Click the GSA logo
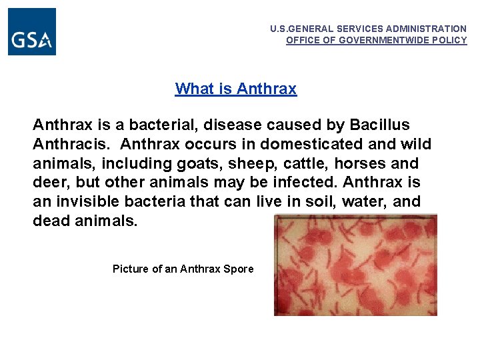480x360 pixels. (x=32, y=32)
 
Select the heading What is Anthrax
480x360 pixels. (x=235, y=89)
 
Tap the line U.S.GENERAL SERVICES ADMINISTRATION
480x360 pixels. (x=368, y=29)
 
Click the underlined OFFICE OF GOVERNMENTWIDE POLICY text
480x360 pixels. (x=377, y=40)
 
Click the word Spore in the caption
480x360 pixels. (x=239, y=269)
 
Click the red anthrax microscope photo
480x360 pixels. (x=355, y=265)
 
